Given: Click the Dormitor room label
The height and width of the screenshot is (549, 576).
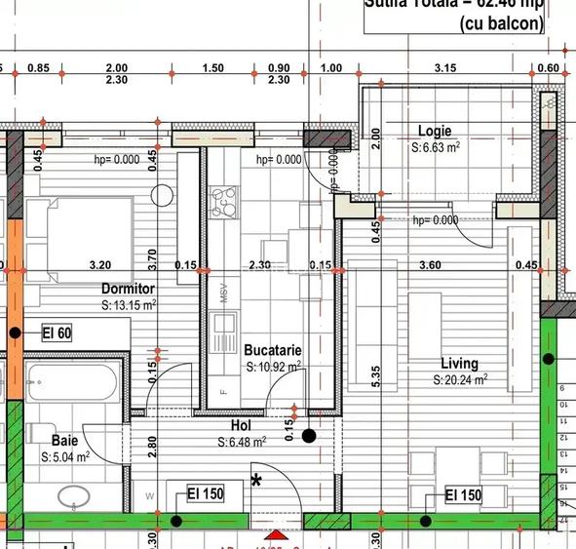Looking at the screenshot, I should (128, 289).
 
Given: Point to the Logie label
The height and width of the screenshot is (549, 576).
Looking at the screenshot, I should (436, 131).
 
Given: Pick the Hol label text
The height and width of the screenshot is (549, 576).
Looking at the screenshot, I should (242, 426).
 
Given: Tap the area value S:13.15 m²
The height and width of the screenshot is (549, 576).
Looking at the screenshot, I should (130, 304).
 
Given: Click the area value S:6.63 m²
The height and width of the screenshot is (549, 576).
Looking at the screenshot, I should (435, 147).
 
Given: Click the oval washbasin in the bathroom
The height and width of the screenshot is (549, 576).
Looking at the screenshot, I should (72, 498).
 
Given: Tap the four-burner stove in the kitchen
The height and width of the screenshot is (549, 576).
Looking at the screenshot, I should (226, 201).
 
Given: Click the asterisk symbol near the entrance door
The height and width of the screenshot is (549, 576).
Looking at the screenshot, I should (257, 479).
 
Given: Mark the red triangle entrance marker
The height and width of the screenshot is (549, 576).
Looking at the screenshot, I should (276, 536).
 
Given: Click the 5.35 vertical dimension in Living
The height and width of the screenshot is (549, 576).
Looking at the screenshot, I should (375, 377).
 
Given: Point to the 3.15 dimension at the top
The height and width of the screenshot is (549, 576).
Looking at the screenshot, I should (445, 67).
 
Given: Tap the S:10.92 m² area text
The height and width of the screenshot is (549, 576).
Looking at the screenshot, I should (273, 366).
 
